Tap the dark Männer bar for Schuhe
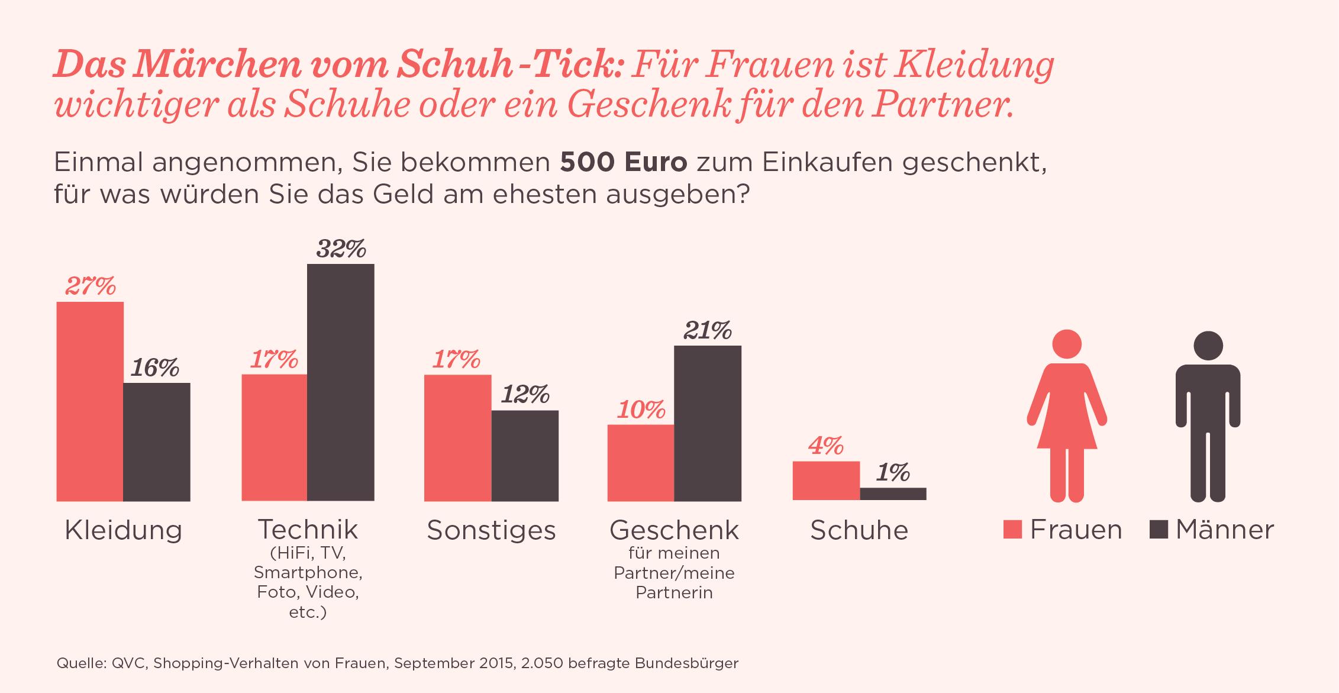pyautogui.click(x=893, y=494)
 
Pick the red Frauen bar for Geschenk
pyautogui.click(x=641, y=463)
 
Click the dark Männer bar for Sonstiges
pyautogui.click(x=525, y=456)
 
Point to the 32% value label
pyautogui.click(x=341, y=249)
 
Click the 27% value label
pyautogui.click(x=90, y=286)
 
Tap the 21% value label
pyautogui.click(x=708, y=331)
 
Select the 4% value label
pyautogui.click(x=825, y=446)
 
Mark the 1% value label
pyautogui.click(x=893, y=473)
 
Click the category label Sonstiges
pyautogui.click(x=491, y=530)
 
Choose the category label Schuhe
pyautogui.click(x=859, y=530)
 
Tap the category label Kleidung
pyautogui.click(x=123, y=530)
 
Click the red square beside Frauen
pyautogui.click(x=1012, y=530)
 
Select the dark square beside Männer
pyautogui.click(x=1159, y=530)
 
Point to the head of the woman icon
pyautogui.click(x=1066, y=344)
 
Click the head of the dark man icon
pyautogui.click(x=1208, y=346)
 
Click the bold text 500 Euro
pyautogui.click(x=624, y=163)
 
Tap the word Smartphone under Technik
pyautogui.click(x=308, y=573)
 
